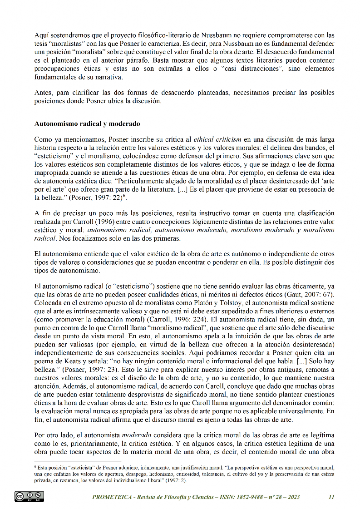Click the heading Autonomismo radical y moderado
click(x=87, y=124)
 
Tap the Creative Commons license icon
click(x=30, y=496)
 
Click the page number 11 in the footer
click(x=331, y=497)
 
